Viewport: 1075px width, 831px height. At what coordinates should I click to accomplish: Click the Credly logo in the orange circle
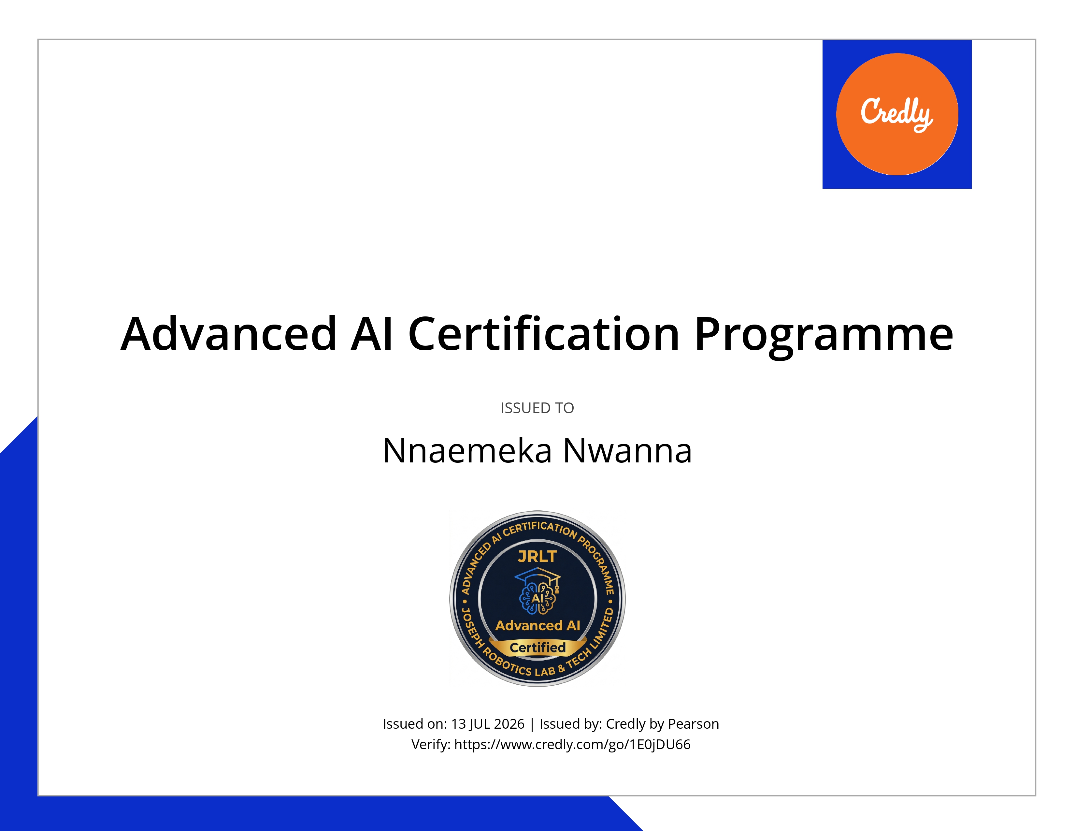coord(897,114)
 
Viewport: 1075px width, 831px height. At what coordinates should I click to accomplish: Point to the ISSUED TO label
coord(537,408)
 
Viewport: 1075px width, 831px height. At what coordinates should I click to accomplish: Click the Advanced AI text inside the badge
coord(537,625)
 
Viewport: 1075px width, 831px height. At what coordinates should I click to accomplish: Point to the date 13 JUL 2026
coord(488,724)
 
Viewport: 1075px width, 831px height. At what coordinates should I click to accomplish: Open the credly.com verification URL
coord(572,744)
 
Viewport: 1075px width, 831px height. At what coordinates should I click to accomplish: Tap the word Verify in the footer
coord(431,744)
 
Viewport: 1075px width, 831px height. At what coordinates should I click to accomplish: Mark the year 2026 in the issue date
coord(509,724)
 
